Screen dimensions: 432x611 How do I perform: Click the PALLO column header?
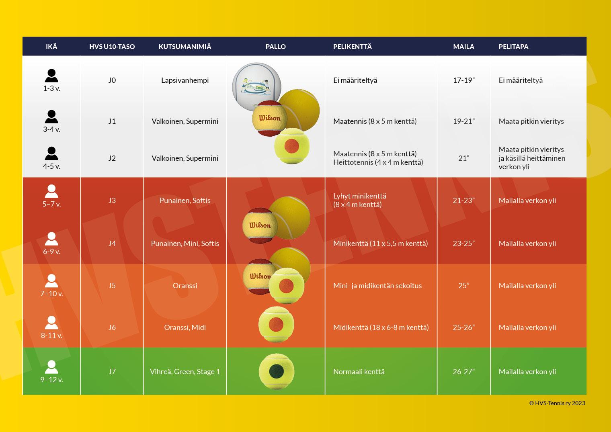[275, 47]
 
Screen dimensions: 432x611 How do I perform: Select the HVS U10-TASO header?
[112, 47]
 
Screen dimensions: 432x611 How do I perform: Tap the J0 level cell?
[112, 80]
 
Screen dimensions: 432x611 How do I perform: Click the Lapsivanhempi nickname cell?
[185, 80]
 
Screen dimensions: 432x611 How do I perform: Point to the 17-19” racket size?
[463, 80]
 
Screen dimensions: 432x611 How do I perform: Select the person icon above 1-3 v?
[51, 76]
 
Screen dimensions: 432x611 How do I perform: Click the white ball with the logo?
[256, 86]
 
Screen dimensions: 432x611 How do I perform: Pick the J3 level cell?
[112, 200]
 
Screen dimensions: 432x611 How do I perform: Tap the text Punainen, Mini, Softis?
[185, 243]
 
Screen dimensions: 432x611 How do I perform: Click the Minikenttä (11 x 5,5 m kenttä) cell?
[380, 243]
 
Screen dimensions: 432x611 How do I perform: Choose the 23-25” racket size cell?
[463, 243]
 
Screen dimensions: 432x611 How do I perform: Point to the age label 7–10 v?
[51, 294]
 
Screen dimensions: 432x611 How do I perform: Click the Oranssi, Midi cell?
[185, 328]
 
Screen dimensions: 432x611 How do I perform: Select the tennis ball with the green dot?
[277, 371]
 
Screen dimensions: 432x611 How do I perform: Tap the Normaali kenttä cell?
[359, 372]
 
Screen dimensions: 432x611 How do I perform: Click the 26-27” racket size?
[463, 372]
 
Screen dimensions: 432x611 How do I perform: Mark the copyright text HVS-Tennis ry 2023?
[557, 403]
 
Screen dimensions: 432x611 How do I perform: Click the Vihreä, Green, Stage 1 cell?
[185, 372]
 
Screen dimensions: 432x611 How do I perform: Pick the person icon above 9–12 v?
[51, 367]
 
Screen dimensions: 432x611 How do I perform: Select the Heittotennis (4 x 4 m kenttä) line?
[378, 162]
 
